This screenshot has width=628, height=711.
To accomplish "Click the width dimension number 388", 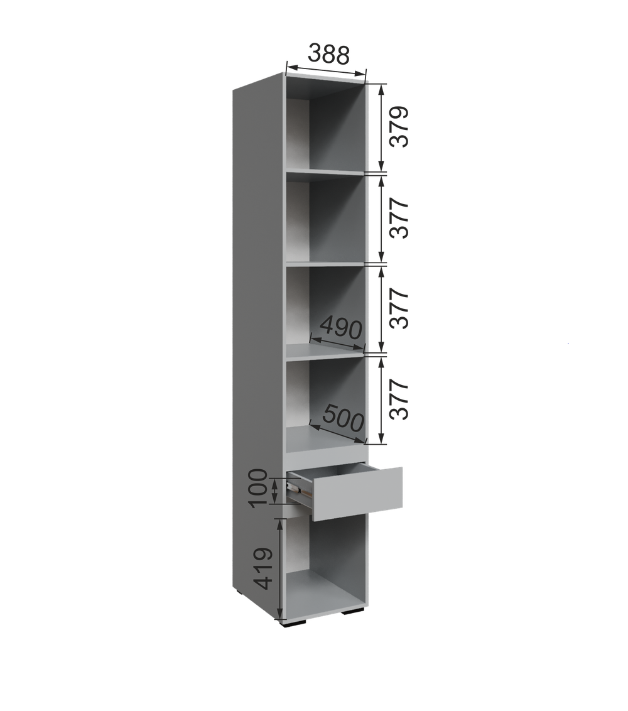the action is [328, 55].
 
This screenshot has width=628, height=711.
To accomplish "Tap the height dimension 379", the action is [399, 126].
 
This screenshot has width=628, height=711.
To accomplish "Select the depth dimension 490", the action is [341, 328].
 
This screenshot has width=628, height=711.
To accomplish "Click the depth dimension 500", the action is [344, 418].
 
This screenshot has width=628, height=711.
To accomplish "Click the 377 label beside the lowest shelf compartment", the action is [399, 399].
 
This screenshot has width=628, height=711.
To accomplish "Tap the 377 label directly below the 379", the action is [399, 218].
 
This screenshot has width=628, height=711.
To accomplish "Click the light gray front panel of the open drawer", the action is [357, 493].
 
